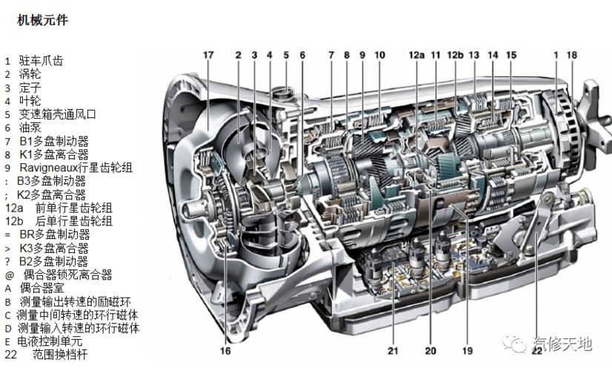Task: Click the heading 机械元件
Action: (x=42, y=21)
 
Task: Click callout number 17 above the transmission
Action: (x=208, y=55)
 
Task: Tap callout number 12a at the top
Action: (x=416, y=55)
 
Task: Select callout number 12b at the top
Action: (x=456, y=55)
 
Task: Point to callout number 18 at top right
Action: (x=571, y=55)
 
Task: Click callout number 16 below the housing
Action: (x=225, y=350)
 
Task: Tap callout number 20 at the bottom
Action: (x=430, y=350)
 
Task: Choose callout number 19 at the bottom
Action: (x=468, y=350)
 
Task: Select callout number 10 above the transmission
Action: (x=379, y=55)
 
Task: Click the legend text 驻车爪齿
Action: (x=41, y=61)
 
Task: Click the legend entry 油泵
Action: (x=30, y=128)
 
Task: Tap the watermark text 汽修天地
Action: (x=562, y=344)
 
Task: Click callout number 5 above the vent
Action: (x=286, y=55)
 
